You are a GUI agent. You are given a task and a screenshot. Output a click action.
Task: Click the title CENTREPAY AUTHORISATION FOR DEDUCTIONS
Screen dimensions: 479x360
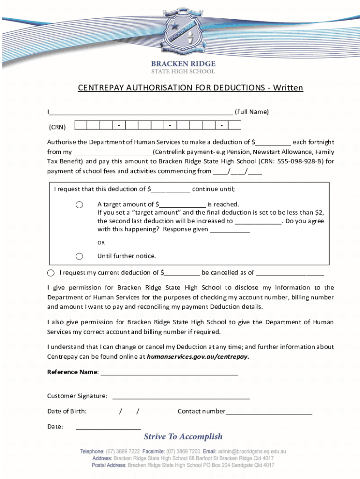click(190, 88)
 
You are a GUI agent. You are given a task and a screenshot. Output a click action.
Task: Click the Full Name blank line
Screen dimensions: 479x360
click(141, 112)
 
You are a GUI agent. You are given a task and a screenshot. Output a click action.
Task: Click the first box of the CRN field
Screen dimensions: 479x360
click(80, 125)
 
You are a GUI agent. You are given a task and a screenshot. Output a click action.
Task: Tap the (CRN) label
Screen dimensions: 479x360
click(58, 127)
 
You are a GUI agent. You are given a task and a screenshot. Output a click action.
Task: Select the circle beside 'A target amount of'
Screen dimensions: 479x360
click(79, 205)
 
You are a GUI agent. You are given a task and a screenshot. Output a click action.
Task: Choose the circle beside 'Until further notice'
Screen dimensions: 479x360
click(79, 256)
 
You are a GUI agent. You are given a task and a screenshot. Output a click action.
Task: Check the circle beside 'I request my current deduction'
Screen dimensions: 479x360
click(50, 273)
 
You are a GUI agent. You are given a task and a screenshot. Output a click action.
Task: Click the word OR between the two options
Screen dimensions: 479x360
click(101, 243)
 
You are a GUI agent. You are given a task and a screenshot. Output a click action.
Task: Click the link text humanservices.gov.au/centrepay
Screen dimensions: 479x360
click(198, 356)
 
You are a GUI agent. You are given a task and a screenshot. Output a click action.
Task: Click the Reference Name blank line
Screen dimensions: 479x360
click(169, 373)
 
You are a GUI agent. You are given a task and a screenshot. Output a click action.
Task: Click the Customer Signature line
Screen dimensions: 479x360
click(180, 397)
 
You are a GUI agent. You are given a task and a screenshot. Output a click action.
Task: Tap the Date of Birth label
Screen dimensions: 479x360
click(67, 411)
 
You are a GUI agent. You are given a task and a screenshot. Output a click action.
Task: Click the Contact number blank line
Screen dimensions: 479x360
click(269, 412)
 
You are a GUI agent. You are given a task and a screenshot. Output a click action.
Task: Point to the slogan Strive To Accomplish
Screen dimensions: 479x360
click(183, 436)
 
